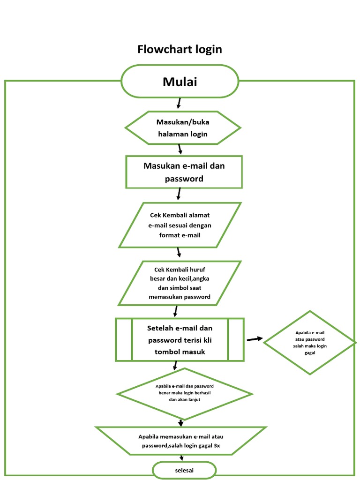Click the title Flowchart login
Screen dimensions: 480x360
tap(180, 49)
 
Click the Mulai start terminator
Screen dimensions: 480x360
tap(180, 82)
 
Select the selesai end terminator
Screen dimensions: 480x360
tap(184, 470)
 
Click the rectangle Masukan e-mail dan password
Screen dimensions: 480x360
tap(184, 172)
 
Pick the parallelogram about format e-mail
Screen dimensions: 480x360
tap(180, 225)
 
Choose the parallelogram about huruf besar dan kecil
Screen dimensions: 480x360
tap(180, 283)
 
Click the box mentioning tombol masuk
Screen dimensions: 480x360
tap(180, 339)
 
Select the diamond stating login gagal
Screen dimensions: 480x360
tap(309, 343)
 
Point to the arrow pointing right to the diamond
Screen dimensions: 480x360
tap(255, 339)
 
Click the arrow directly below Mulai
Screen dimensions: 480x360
tap(178, 103)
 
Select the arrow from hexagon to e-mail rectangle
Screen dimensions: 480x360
tap(180, 150)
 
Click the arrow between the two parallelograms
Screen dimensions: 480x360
tap(179, 252)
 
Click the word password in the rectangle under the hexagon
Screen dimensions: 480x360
tap(184, 179)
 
